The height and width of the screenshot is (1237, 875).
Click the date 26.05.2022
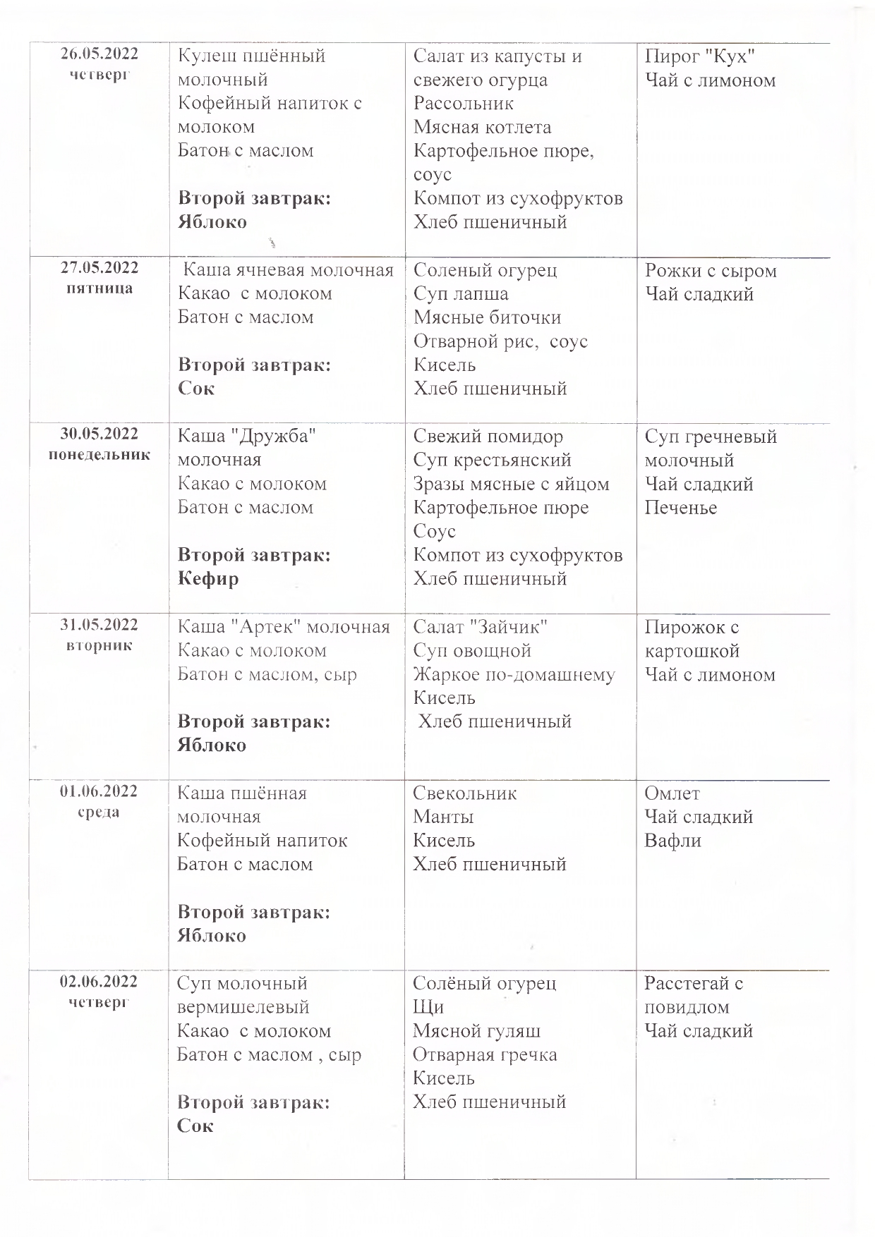[x=99, y=54]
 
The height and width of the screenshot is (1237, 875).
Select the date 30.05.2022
[x=99, y=434]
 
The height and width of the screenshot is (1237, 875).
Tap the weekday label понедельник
[x=99, y=455]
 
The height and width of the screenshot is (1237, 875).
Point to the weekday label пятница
[x=99, y=288]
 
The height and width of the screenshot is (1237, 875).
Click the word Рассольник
[x=464, y=104]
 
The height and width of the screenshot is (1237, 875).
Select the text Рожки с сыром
[x=711, y=271]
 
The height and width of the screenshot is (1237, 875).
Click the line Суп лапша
[x=461, y=294]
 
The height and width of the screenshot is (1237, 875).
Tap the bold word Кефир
[x=208, y=579]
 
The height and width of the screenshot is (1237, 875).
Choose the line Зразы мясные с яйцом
[x=511, y=485]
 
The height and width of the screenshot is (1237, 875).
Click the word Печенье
[x=680, y=508]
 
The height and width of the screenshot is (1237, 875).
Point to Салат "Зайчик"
[x=481, y=627]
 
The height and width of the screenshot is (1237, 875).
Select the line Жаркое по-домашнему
[x=514, y=675]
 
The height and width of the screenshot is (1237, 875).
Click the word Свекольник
[x=464, y=793]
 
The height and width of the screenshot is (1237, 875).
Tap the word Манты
[x=443, y=817]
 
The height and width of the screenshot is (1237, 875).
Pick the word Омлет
[x=672, y=793]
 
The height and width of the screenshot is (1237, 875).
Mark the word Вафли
[x=672, y=841]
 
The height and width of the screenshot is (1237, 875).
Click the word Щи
[x=428, y=1007]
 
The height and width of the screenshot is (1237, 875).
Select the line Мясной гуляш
[x=476, y=1031]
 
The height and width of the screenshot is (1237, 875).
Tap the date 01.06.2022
[x=99, y=791]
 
